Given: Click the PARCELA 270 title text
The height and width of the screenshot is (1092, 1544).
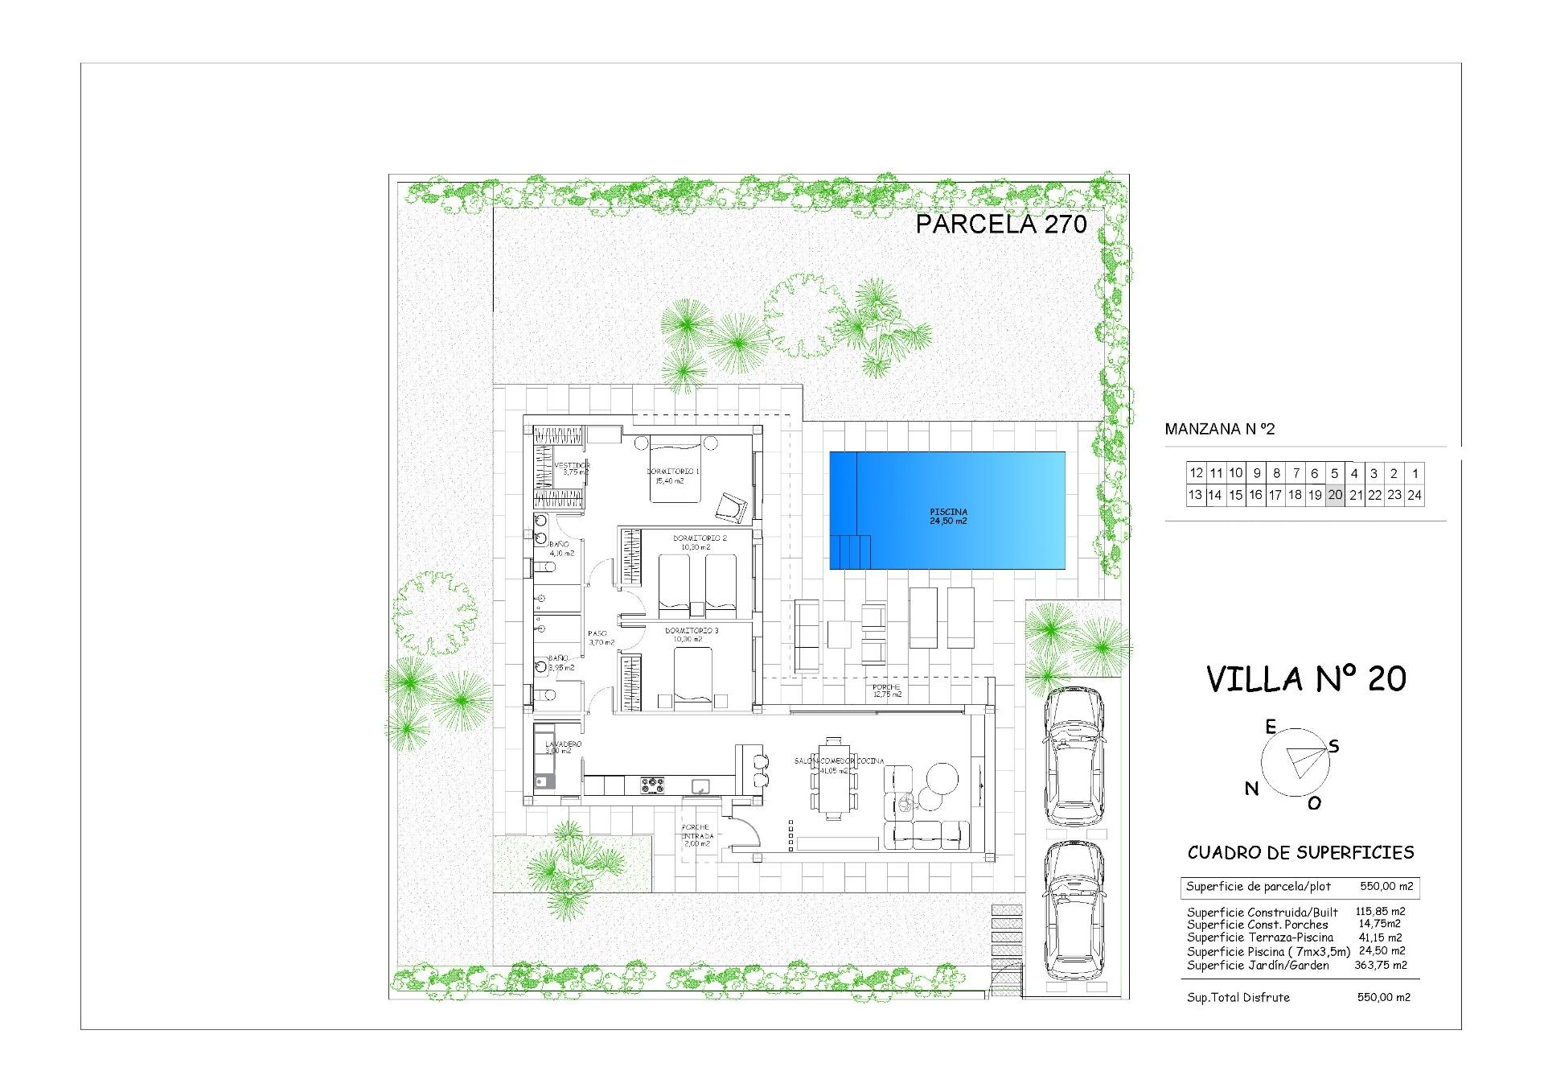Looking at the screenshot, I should [1001, 224].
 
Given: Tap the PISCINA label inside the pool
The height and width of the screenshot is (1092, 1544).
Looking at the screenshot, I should [948, 512].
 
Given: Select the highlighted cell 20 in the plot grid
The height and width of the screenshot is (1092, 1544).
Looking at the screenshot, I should [1335, 495].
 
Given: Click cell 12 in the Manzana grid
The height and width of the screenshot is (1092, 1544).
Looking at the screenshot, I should [1196, 473].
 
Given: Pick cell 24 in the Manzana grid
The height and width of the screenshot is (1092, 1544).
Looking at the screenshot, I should [1415, 495].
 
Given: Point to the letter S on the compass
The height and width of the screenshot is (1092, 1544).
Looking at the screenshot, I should [1333, 746].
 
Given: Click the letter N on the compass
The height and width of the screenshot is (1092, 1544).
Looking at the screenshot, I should [1251, 789].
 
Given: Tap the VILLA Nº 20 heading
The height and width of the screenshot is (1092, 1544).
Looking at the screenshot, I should [1306, 678].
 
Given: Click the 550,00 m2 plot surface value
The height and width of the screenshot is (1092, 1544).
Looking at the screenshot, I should [1385, 886].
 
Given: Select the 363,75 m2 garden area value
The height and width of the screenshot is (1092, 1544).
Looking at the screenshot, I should [1380, 965].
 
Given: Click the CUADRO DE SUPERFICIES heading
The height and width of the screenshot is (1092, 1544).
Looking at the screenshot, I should [1300, 852].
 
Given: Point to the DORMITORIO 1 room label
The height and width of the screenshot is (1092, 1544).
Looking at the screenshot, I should [673, 472].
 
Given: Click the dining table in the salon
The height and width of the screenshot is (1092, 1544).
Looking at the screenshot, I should [832, 777].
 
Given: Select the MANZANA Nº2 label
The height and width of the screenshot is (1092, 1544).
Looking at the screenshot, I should [1219, 429].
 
